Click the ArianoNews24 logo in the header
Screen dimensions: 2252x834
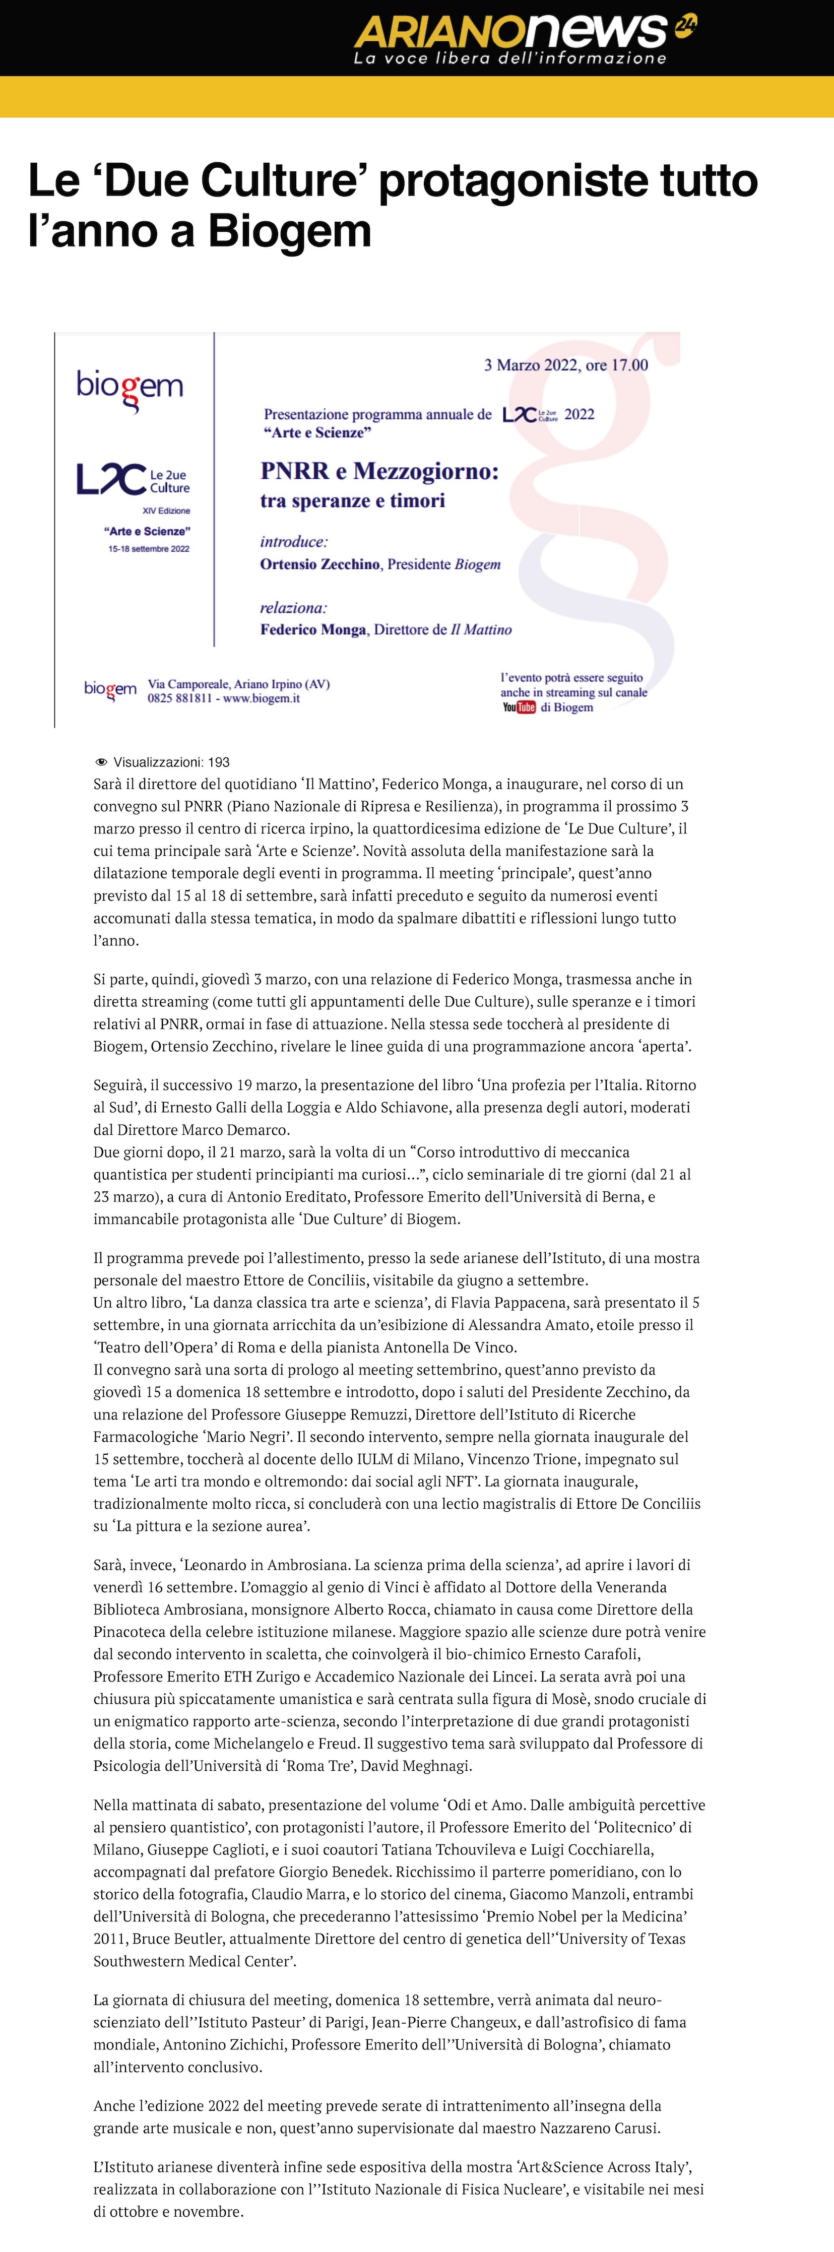tap(525, 38)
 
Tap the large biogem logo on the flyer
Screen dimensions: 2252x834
tap(130, 388)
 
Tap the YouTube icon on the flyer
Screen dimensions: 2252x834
tap(519, 707)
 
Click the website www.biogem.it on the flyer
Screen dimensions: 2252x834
tap(262, 698)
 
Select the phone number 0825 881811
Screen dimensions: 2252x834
tap(179, 698)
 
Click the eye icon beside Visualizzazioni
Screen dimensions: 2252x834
tap(101, 762)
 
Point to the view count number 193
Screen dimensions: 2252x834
tap(219, 762)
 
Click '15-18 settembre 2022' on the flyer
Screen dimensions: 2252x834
tap(149, 549)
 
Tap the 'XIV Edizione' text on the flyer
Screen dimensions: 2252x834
tap(166, 510)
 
